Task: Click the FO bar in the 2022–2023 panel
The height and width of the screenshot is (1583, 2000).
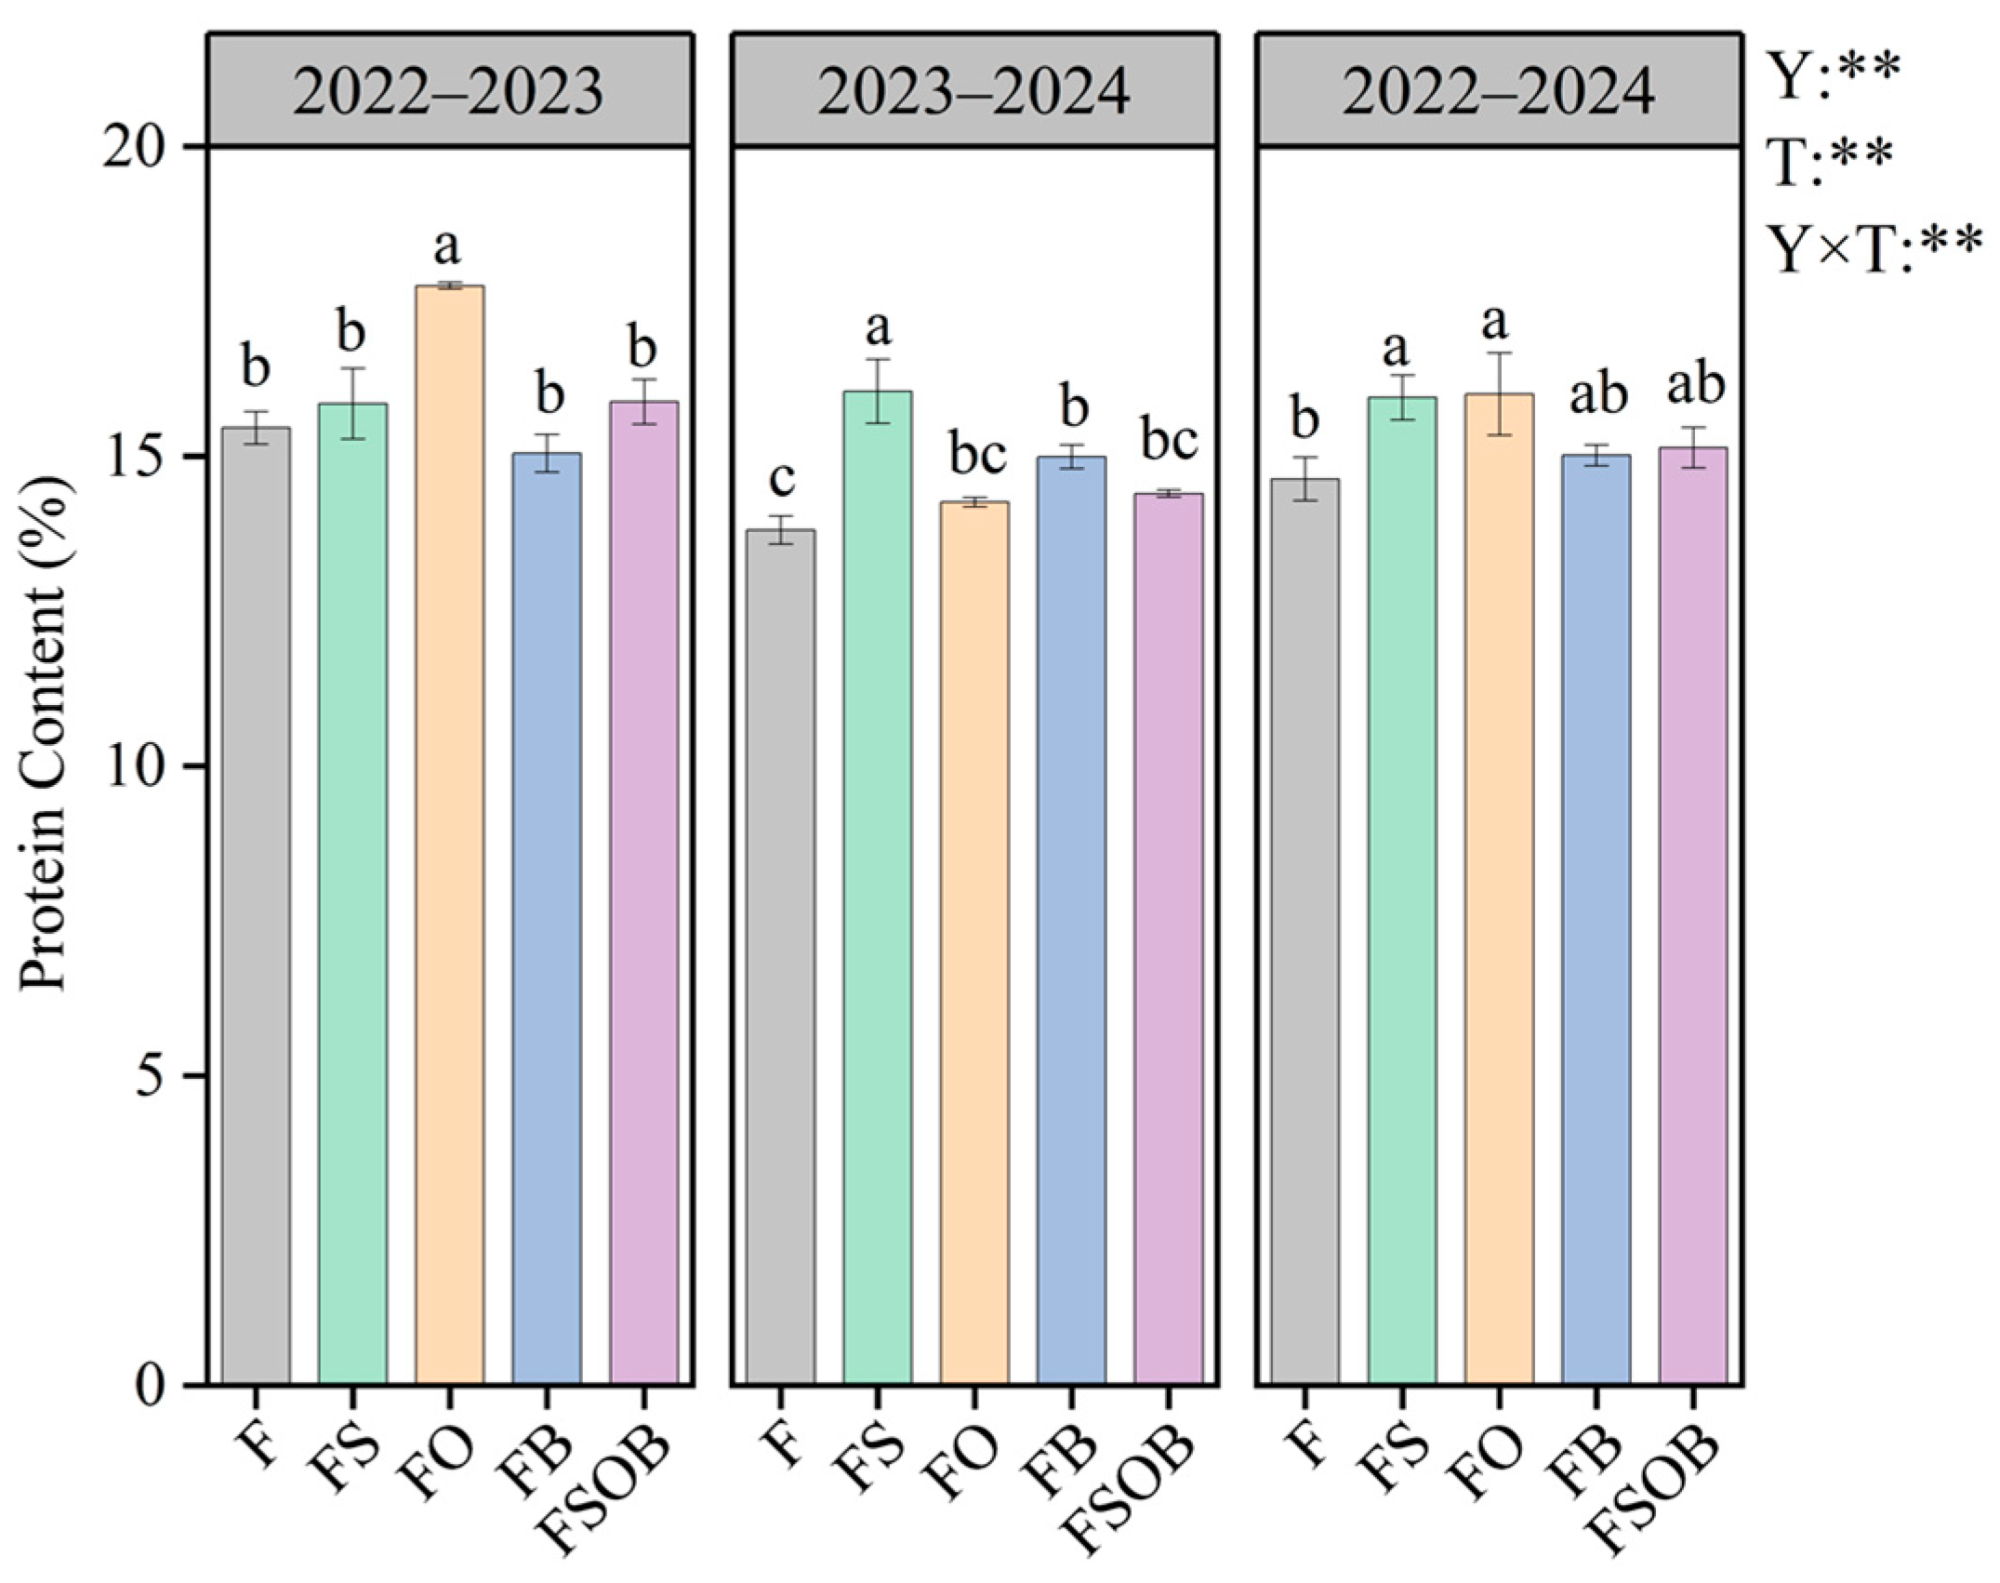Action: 449,837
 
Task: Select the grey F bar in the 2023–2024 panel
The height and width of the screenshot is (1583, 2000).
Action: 781,958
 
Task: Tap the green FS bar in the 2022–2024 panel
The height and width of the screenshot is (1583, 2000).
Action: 1402,893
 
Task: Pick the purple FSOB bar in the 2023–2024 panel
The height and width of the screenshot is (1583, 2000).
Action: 1168,939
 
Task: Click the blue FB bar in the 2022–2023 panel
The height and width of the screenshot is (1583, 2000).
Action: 547,921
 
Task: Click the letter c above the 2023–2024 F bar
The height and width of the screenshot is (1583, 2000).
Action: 781,480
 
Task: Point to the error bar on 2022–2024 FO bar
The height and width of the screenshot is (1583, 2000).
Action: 1499,393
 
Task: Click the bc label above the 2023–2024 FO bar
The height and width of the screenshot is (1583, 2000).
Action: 976,455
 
